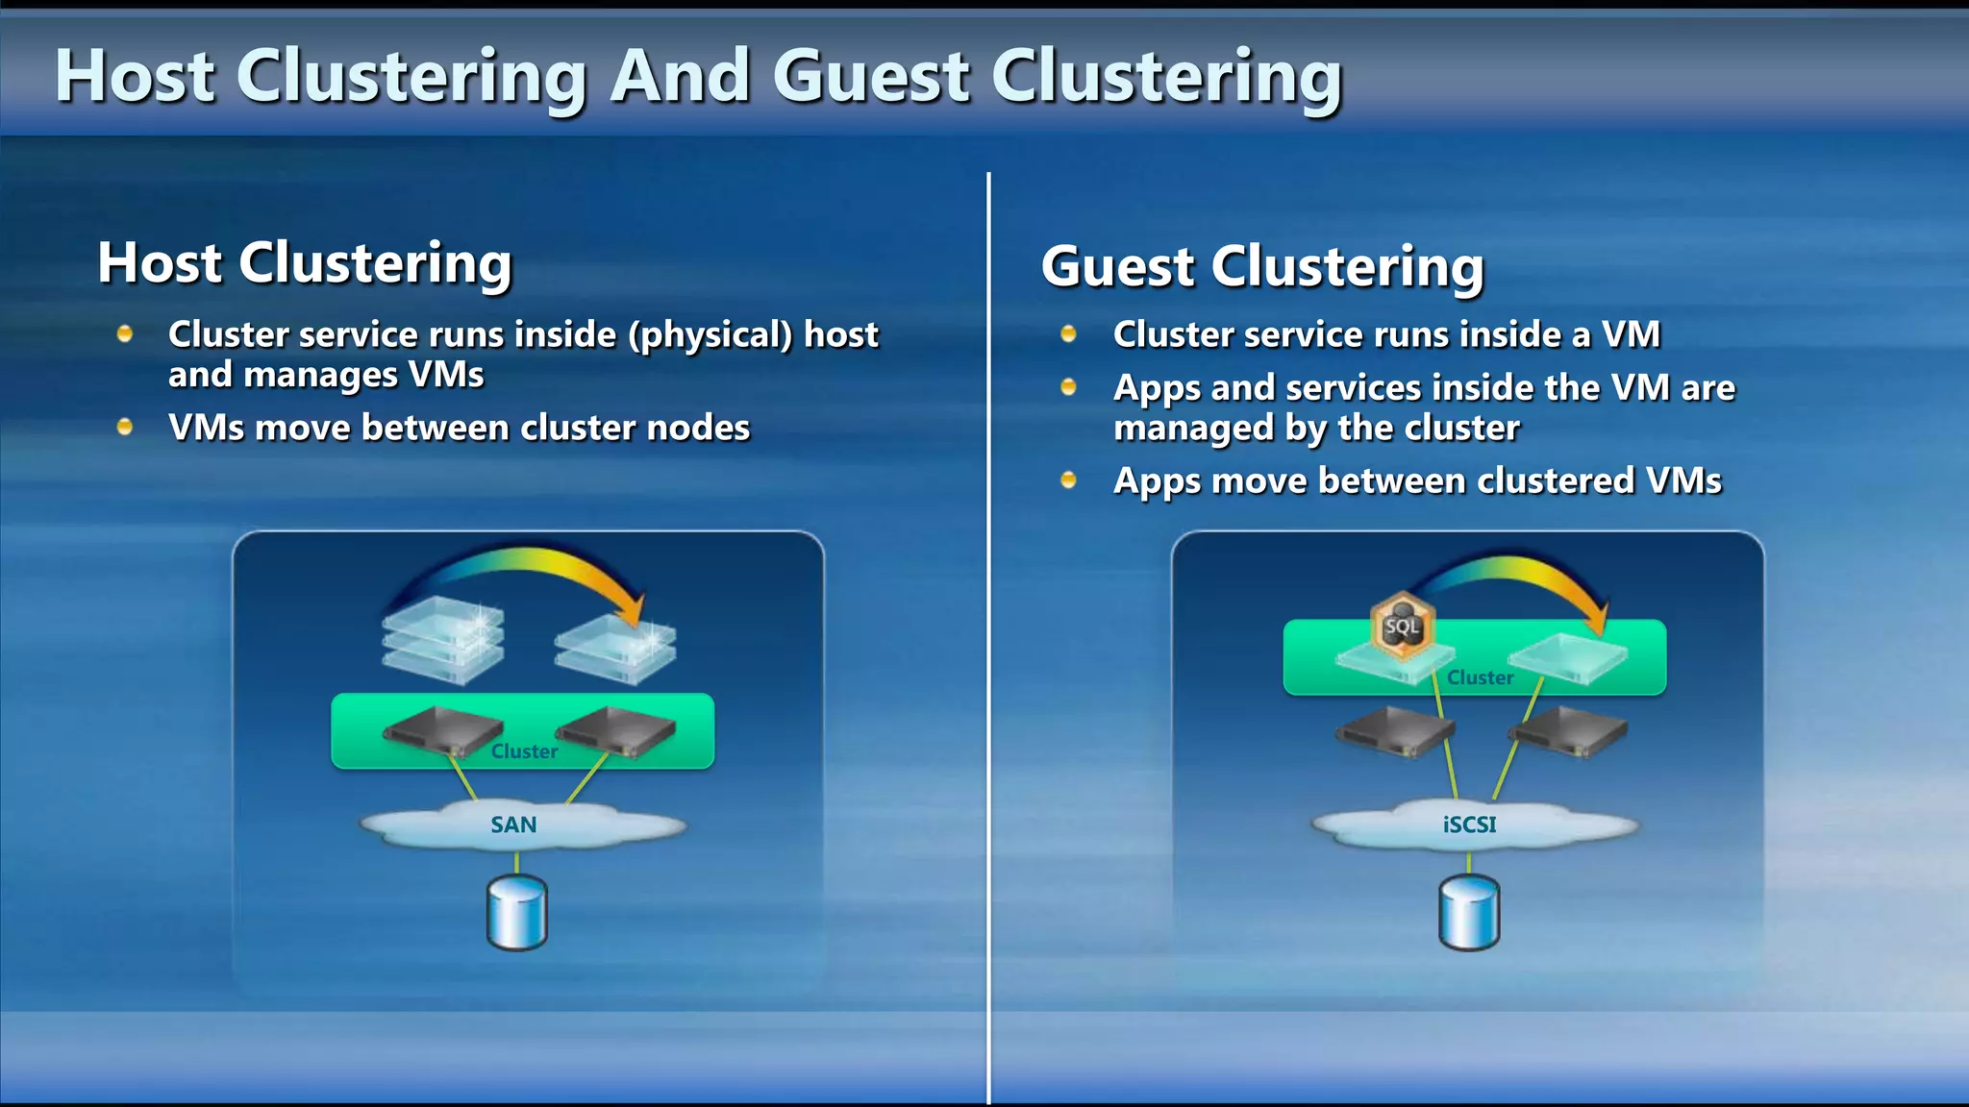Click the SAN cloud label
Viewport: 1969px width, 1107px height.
(513, 824)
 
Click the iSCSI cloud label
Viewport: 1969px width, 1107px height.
(1469, 824)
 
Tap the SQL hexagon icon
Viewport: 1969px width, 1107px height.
(1403, 627)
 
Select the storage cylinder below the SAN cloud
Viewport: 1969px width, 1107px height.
(517, 912)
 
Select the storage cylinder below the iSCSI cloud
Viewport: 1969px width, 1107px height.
(1469, 912)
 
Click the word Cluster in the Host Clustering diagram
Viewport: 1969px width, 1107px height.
(524, 751)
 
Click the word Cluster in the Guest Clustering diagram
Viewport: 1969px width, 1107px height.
(1480, 677)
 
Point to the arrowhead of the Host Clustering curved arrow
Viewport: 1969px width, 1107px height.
(634, 611)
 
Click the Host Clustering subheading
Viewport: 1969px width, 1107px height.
(305, 262)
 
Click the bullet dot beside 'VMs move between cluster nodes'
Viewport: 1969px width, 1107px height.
(125, 427)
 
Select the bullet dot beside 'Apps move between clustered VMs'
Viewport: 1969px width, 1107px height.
(1068, 480)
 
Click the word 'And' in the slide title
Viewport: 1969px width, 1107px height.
(680, 77)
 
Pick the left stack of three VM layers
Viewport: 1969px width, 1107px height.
(443, 638)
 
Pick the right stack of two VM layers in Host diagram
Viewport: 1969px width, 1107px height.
(615, 648)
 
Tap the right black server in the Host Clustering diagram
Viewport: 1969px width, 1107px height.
(615, 732)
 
